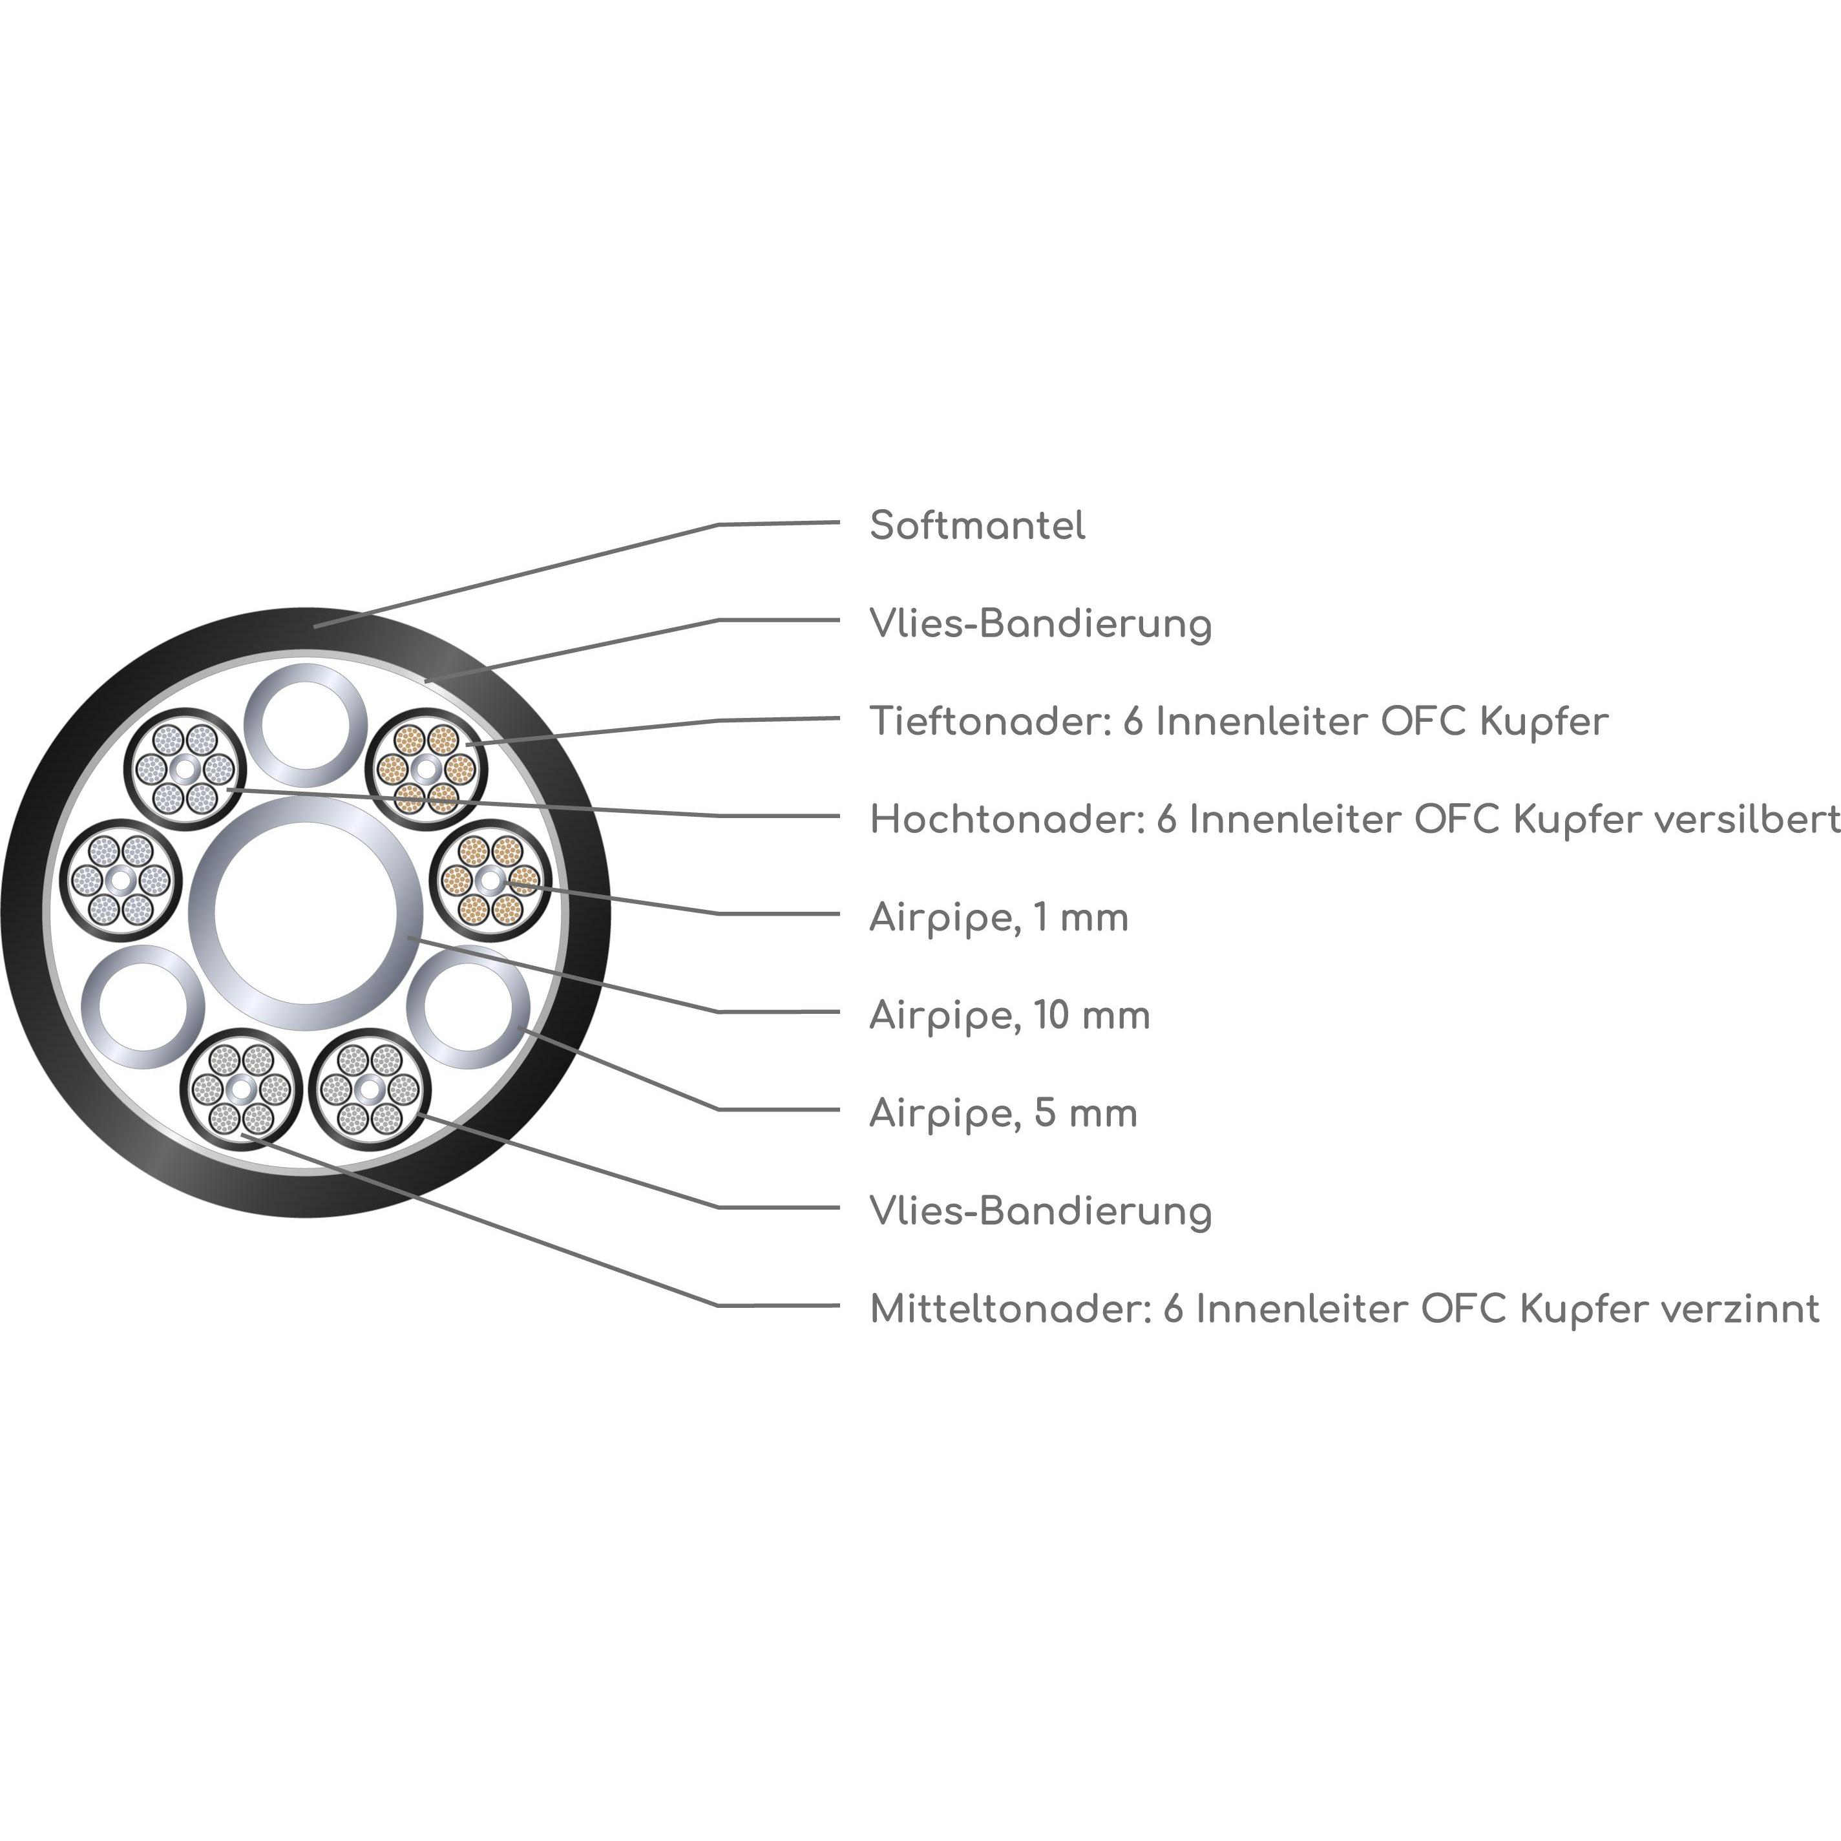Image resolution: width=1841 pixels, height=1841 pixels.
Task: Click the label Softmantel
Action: coord(977,525)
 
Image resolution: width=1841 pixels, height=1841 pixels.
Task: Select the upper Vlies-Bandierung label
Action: coord(1040,624)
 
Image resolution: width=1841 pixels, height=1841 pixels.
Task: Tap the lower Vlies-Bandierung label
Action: coord(1040,1211)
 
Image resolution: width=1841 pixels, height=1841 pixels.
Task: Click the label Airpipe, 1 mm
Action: coord(998,918)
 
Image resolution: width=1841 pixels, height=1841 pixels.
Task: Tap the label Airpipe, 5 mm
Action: coord(1002,1113)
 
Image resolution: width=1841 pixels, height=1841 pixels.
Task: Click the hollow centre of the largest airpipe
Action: coord(306,913)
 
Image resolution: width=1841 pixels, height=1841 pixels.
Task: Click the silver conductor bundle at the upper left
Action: coord(185,768)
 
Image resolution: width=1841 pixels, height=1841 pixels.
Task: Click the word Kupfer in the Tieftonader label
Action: coord(1544,721)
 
